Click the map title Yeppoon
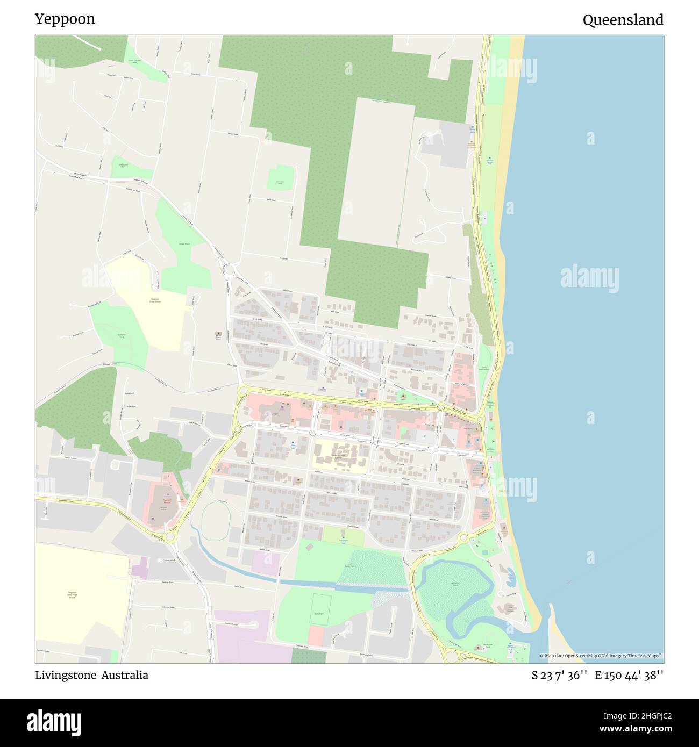pos(65,19)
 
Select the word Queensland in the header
pos(623,20)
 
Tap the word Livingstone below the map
pos(66,675)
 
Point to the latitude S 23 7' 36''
pos(559,675)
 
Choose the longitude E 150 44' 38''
pos(629,675)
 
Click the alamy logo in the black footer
pos(54,722)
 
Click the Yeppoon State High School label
pos(72,595)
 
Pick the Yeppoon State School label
pos(155,300)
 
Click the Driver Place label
pos(184,244)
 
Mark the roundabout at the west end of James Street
pos(242,390)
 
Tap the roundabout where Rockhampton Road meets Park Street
pos(171,536)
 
